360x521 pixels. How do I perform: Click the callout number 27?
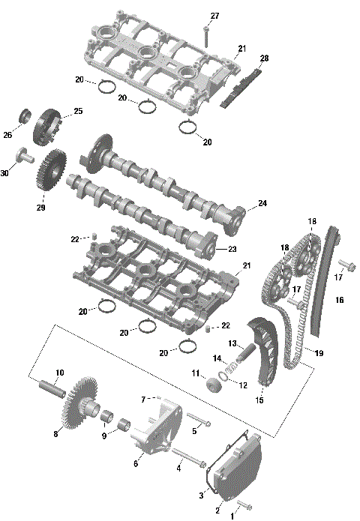(x=215, y=16)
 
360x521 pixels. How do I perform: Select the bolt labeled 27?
(x=205, y=34)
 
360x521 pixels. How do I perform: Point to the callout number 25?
(x=78, y=112)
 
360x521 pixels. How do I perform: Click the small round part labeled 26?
(x=25, y=116)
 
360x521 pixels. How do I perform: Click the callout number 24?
(x=262, y=203)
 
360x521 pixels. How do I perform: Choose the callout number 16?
(x=340, y=300)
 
